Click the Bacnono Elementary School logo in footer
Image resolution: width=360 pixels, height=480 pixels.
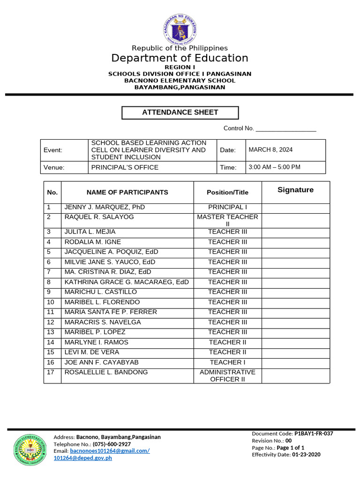[x=30, y=450]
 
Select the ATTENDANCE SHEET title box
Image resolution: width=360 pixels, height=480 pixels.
[x=180, y=112]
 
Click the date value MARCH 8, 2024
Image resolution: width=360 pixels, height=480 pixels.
[x=270, y=150]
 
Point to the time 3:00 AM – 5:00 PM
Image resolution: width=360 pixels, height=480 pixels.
[x=274, y=167]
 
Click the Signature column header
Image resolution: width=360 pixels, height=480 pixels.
[x=295, y=190]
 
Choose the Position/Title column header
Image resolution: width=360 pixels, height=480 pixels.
[x=227, y=192]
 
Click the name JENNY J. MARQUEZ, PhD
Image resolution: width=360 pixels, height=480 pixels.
[x=105, y=207]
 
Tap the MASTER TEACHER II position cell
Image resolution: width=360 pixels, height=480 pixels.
[x=227, y=220]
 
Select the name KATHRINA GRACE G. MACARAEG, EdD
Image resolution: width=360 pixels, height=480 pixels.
[x=127, y=282]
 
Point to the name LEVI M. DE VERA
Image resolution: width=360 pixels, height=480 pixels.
[x=92, y=352]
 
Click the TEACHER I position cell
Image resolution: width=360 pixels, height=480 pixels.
[x=227, y=362]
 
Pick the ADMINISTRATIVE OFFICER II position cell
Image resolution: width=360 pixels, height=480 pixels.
[x=227, y=375]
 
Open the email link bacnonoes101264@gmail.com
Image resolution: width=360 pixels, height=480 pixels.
[x=110, y=451]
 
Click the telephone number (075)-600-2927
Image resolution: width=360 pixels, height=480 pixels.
[x=112, y=444]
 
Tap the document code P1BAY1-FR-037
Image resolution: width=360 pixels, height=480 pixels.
[x=314, y=434]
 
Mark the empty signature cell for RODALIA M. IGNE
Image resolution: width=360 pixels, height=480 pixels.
[x=295, y=242]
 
